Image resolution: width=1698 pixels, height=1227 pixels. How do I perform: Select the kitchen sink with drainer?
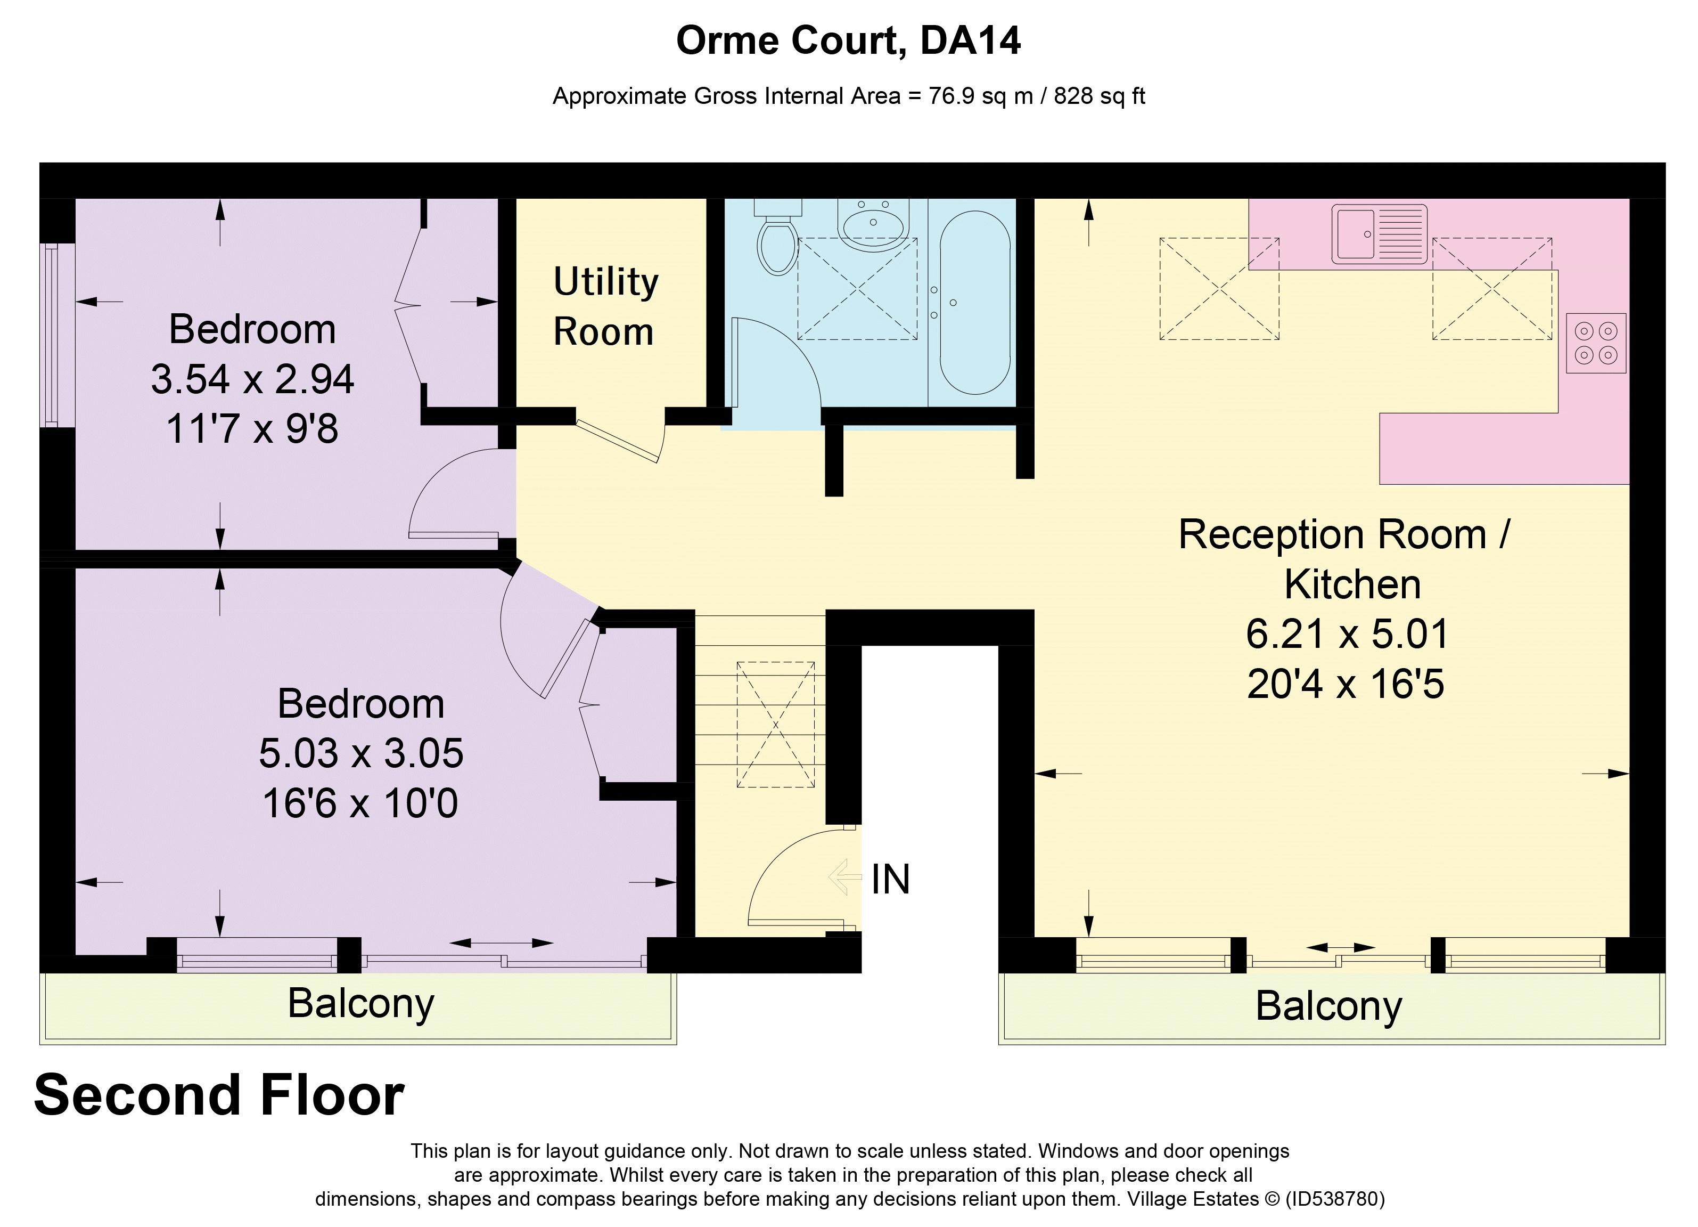coord(1379,234)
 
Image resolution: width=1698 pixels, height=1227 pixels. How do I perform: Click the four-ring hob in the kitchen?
coord(1595,343)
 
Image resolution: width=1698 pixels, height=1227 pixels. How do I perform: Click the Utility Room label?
coord(605,306)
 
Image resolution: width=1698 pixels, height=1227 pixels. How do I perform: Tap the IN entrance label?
coord(890,880)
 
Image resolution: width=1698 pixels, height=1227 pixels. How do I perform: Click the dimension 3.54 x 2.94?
coord(252,379)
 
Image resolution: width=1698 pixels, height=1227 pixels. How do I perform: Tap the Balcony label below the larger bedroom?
coord(361,1003)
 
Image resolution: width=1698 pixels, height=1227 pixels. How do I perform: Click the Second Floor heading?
coord(219,1095)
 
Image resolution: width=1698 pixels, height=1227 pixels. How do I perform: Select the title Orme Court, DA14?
coord(848,40)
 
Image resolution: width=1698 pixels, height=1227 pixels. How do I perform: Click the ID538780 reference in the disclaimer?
coord(1334,1199)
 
